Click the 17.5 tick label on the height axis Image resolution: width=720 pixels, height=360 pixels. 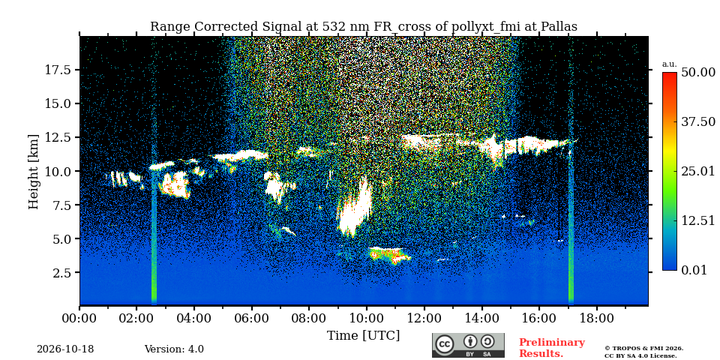click(58, 70)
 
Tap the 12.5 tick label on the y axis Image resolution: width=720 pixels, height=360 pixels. click(58, 137)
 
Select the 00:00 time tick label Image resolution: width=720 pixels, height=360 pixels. click(80, 318)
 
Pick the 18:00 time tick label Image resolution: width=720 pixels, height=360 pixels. click(596, 318)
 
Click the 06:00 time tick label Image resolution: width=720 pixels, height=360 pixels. click(252, 318)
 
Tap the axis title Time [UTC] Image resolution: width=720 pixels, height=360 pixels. click(363, 336)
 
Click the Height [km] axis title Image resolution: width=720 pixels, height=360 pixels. click(34, 172)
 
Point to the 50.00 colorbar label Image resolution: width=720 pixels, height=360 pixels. click(698, 73)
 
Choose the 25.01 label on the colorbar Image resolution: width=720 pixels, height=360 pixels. click(698, 172)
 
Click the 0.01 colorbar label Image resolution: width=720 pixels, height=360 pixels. click(695, 270)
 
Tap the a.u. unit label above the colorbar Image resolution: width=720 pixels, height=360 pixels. click(670, 64)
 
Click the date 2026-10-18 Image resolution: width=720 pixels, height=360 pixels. click(65, 349)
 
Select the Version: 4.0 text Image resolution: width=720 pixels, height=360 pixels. click(174, 349)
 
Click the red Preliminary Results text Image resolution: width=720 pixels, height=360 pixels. click(552, 348)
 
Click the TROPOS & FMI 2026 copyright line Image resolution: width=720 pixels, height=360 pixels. click(643, 349)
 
